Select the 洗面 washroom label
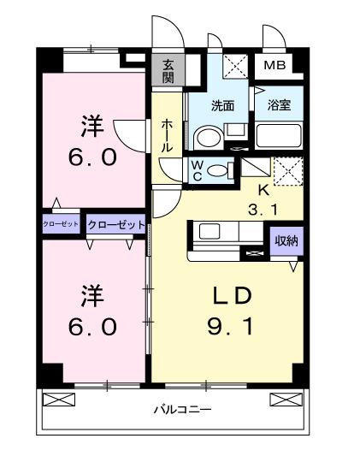pyautogui.click(x=223, y=107)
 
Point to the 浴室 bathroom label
pyautogui.click(x=278, y=107)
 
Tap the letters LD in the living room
pyautogui.click(x=231, y=296)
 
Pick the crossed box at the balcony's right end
pyautogui.click(x=286, y=399)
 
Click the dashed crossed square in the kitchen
pyautogui.click(x=287, y=170)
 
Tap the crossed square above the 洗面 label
pyautogui.click(x=234, y=66)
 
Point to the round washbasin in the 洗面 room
pyautogui.click(x=207, y=138)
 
